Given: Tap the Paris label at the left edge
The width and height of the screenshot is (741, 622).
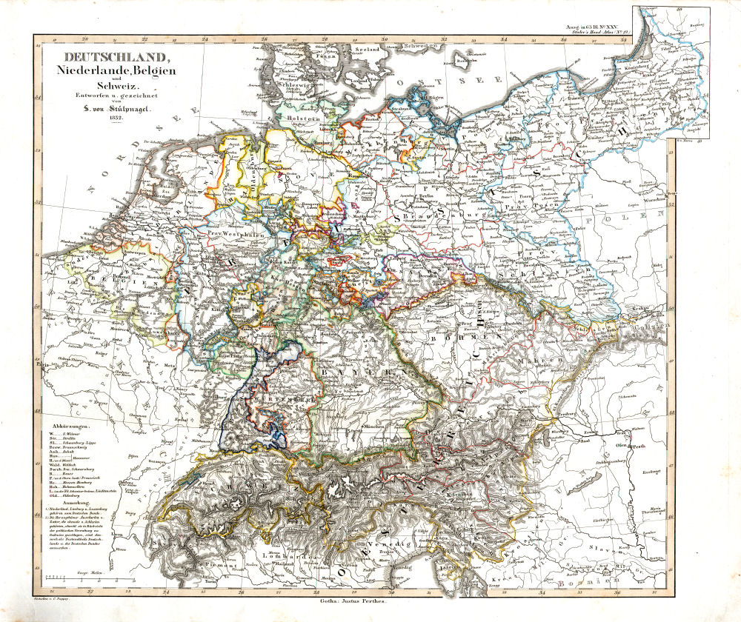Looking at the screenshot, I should pyautogui.click(x=42, y=365).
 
